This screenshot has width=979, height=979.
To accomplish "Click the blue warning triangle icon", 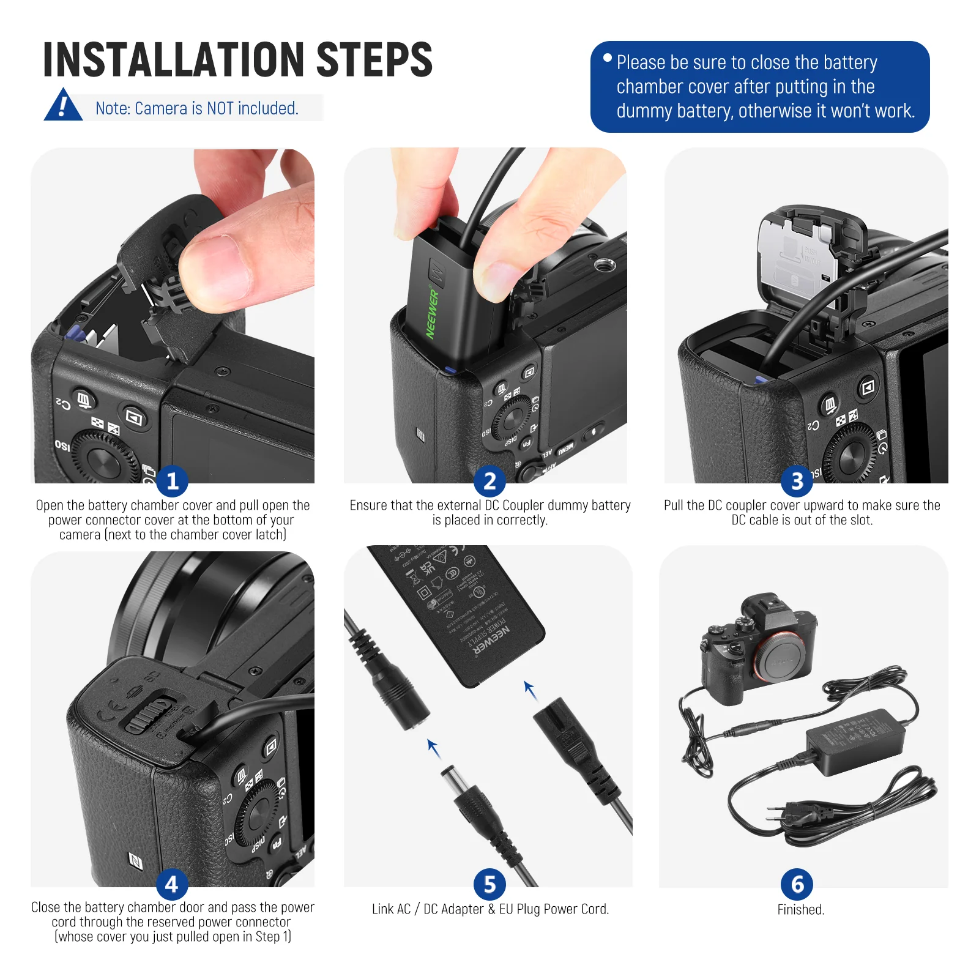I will point(63,106).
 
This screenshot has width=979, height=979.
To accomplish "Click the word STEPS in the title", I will point(374,60).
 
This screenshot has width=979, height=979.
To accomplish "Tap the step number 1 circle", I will point(172,480).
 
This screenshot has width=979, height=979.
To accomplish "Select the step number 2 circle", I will point(489,481).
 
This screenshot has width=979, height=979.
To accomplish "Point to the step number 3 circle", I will point(797,481).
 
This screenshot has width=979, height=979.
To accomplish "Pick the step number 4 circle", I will point(172,884).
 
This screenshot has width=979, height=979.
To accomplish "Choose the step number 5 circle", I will point(489,884).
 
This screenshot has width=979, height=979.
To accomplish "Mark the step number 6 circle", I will point(797,884).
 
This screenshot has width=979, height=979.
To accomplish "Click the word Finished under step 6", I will point(800,910).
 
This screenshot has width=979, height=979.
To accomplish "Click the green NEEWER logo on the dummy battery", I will point(433,313).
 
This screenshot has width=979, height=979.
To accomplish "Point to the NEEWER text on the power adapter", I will point(492,642).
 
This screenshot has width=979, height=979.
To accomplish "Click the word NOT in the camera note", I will point(220,108).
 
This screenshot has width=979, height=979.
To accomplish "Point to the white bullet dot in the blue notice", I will point(607,58).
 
